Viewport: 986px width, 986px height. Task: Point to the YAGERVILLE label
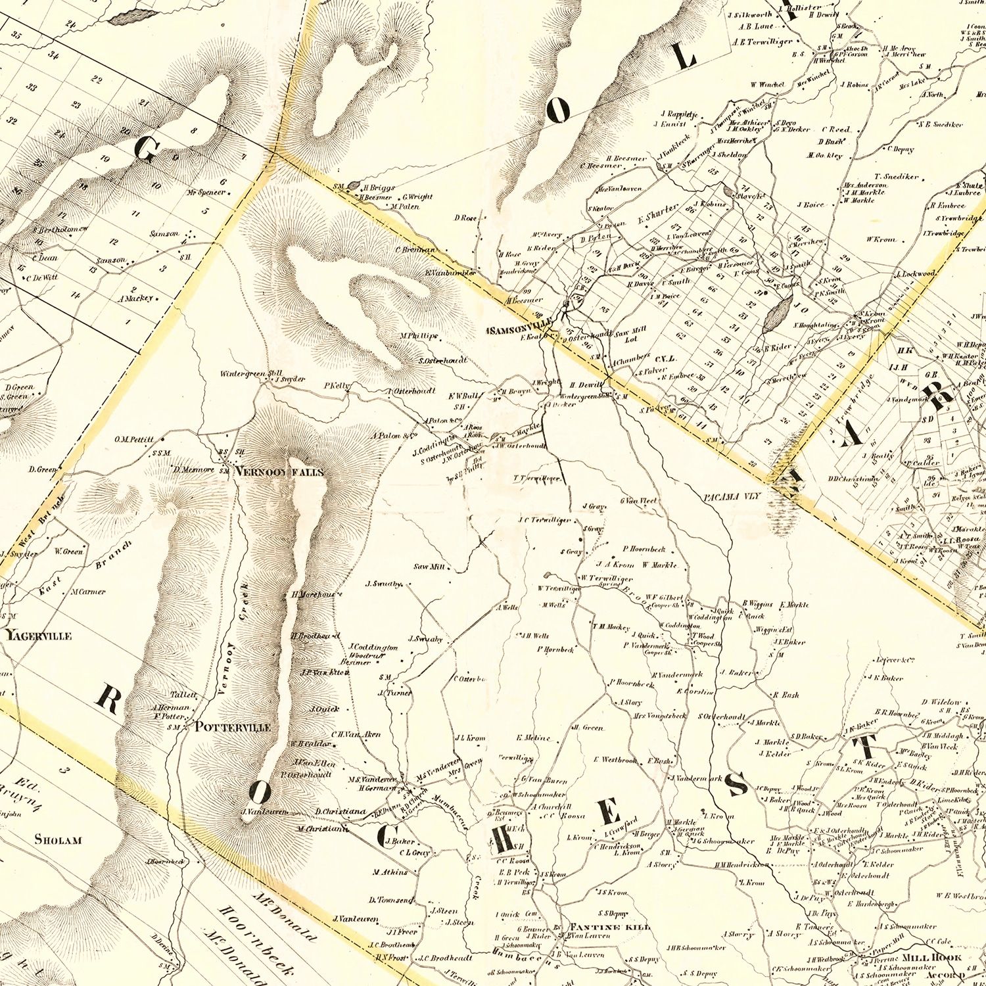[39, 636]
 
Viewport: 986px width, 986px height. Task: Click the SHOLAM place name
[58, 839]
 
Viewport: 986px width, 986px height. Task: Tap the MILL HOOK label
[931, 958]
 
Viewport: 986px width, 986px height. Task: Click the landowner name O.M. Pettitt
[133, 438]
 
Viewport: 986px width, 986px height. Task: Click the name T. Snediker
[897, 177]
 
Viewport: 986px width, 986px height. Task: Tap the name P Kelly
[338, 386]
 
